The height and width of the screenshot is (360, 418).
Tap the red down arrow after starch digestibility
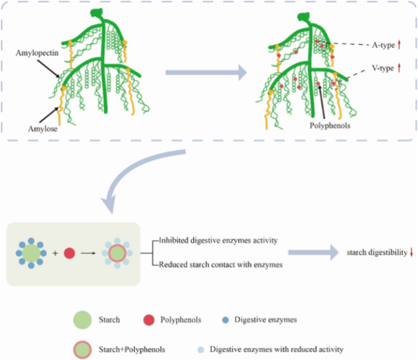tap(411, 253)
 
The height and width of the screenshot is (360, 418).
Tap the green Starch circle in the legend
tap(82, 320)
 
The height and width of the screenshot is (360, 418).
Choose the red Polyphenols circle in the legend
tap(148, 320)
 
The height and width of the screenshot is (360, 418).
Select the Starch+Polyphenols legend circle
tap(82, 349)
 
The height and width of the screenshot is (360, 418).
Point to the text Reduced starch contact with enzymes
tap(221, 265)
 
